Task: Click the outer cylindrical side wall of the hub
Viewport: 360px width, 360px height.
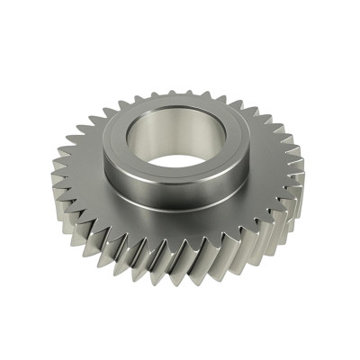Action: click(171, 193)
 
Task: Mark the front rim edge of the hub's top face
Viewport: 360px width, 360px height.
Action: click(171, 179)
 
